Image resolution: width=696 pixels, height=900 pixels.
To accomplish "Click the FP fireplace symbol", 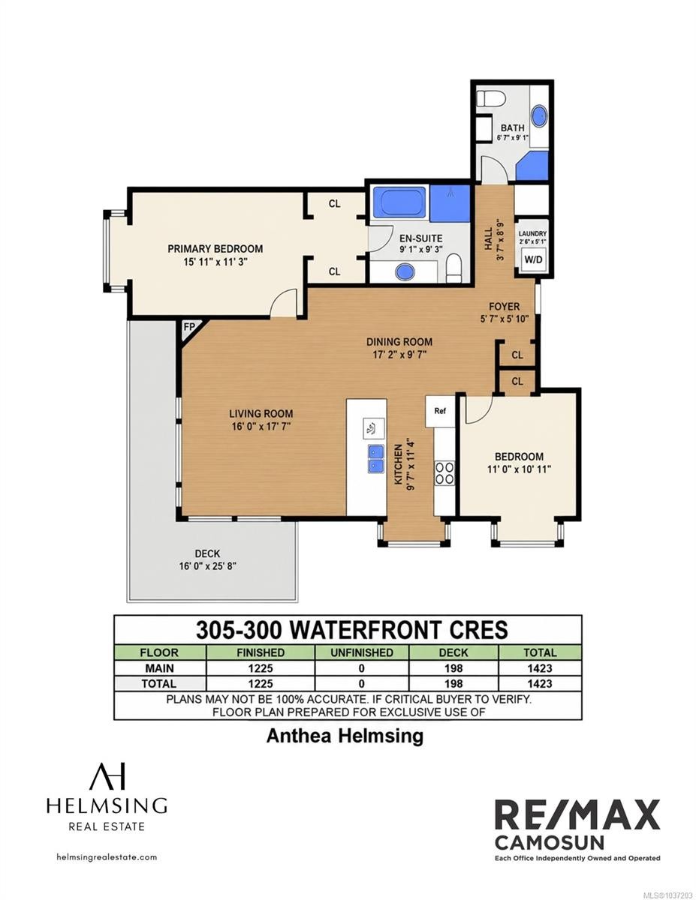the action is pyautogui.click(x=189, y=328).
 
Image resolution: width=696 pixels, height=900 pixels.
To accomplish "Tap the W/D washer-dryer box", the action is pyautogui.click(x=533, y=259).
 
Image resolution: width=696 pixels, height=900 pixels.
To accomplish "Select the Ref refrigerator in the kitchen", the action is pyautogui.click(x=440, y=411).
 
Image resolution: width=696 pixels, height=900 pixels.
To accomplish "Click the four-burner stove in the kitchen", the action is pyautogui.click(x=444, y=473).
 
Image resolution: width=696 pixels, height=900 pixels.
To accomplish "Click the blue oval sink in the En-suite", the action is pyautogui.click(x=405, y=272).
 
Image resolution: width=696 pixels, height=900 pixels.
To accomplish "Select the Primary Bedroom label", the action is pyautogui.click(x=215, y=249).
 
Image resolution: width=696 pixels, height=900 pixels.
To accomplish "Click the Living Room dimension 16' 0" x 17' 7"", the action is pyautogui.click(x=261, y=427).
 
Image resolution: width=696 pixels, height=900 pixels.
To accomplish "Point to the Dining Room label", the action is pyautogui.click(x=399, y=342).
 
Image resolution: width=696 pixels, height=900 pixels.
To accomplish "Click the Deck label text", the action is pyautogui.click(x=208, y=553).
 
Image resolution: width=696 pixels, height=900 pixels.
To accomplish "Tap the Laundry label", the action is pyautogui.click(x=532, y=234).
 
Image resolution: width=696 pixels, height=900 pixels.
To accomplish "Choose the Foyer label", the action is pyautogui.click(x=504, y=307).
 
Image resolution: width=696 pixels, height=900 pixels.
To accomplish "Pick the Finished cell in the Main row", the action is pyautogui.click(x=261, y=668).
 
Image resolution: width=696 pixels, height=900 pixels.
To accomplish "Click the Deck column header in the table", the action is pyautogui.click(x=453, y=652).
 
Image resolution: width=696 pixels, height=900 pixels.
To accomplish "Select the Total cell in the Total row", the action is pyautogui.click(x=540, y=684).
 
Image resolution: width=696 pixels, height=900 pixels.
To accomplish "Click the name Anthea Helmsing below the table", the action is pyautogui.click(x=345, y=736).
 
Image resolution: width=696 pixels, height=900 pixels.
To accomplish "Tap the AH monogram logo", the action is pyautogui.click(x=107, y=777).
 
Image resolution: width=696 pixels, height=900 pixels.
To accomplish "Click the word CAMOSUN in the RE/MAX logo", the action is pyautogui.click(x=550, y=842).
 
